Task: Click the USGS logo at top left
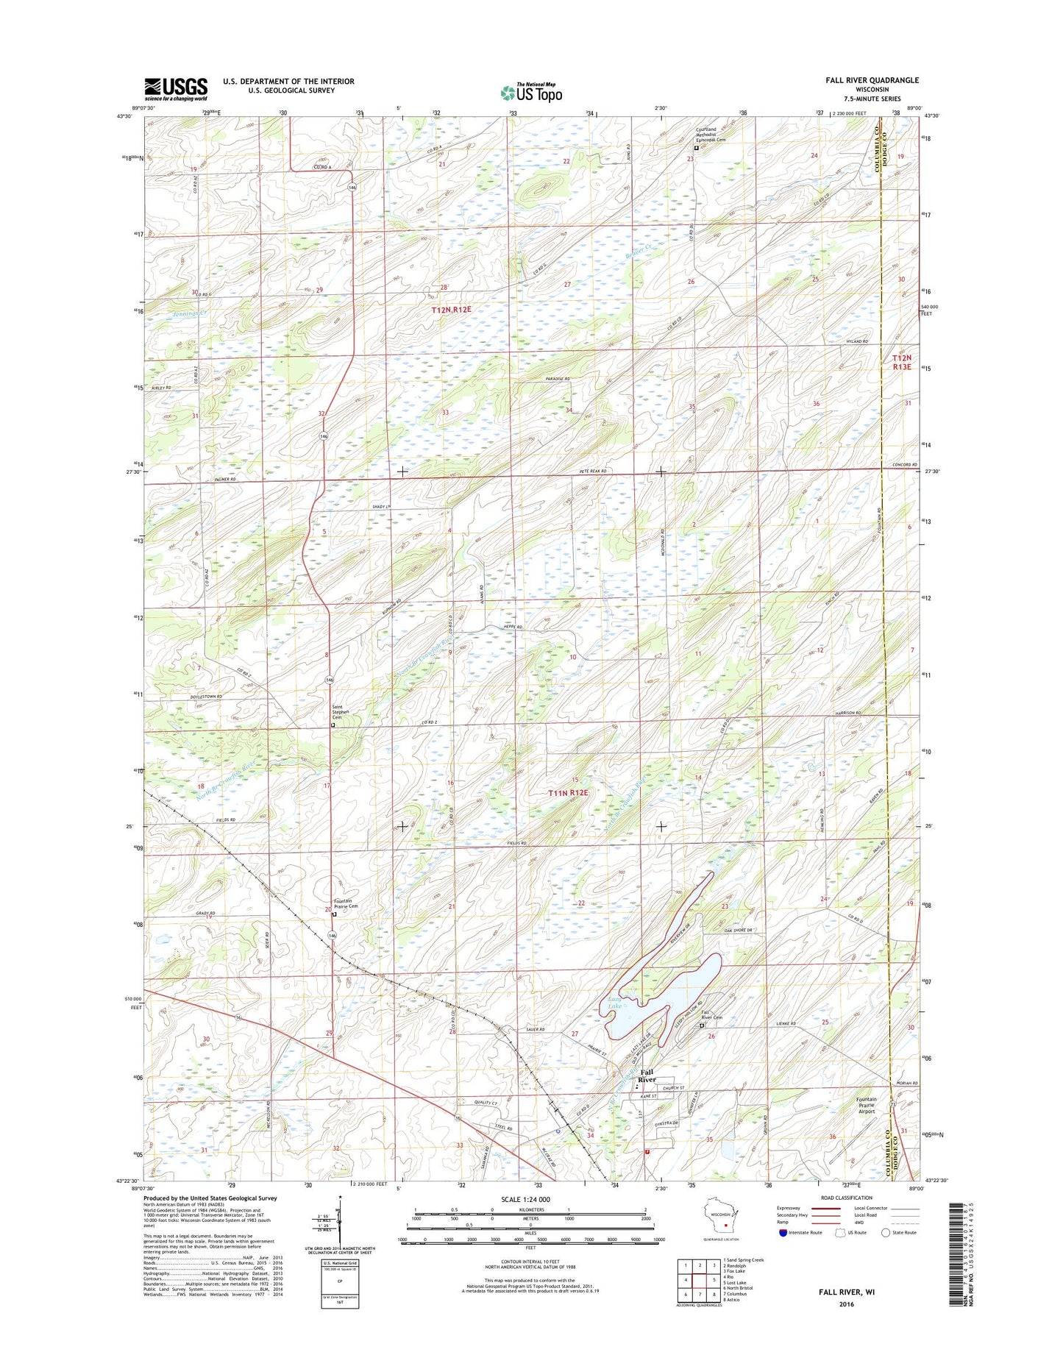click(x=176, y=89)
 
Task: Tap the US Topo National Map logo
click(x=531, y=92)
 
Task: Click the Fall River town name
click(x=647, y=1076)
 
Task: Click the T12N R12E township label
click(x=451, y=310)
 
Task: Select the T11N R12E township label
click(x=569, y=792)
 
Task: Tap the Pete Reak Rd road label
click(x=592, y=471)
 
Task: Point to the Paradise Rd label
click(x=558, y=379)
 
